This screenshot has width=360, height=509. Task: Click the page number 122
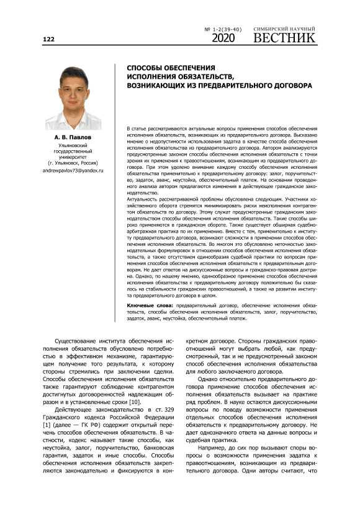pos(48,39)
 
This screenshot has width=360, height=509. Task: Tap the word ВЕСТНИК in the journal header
pos(284,38)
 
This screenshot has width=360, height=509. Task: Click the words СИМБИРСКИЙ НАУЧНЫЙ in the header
pos(284,29)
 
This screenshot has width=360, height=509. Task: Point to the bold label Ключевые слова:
pos(151,306)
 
